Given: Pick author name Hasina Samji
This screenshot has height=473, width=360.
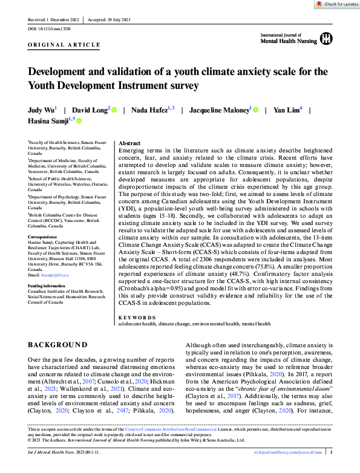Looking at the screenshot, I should click(x=47, y=122).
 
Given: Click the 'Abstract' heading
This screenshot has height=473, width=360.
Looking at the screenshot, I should click(x=130, y=143).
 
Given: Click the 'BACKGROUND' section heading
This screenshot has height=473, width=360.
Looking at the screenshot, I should click(x=57, y=345).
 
